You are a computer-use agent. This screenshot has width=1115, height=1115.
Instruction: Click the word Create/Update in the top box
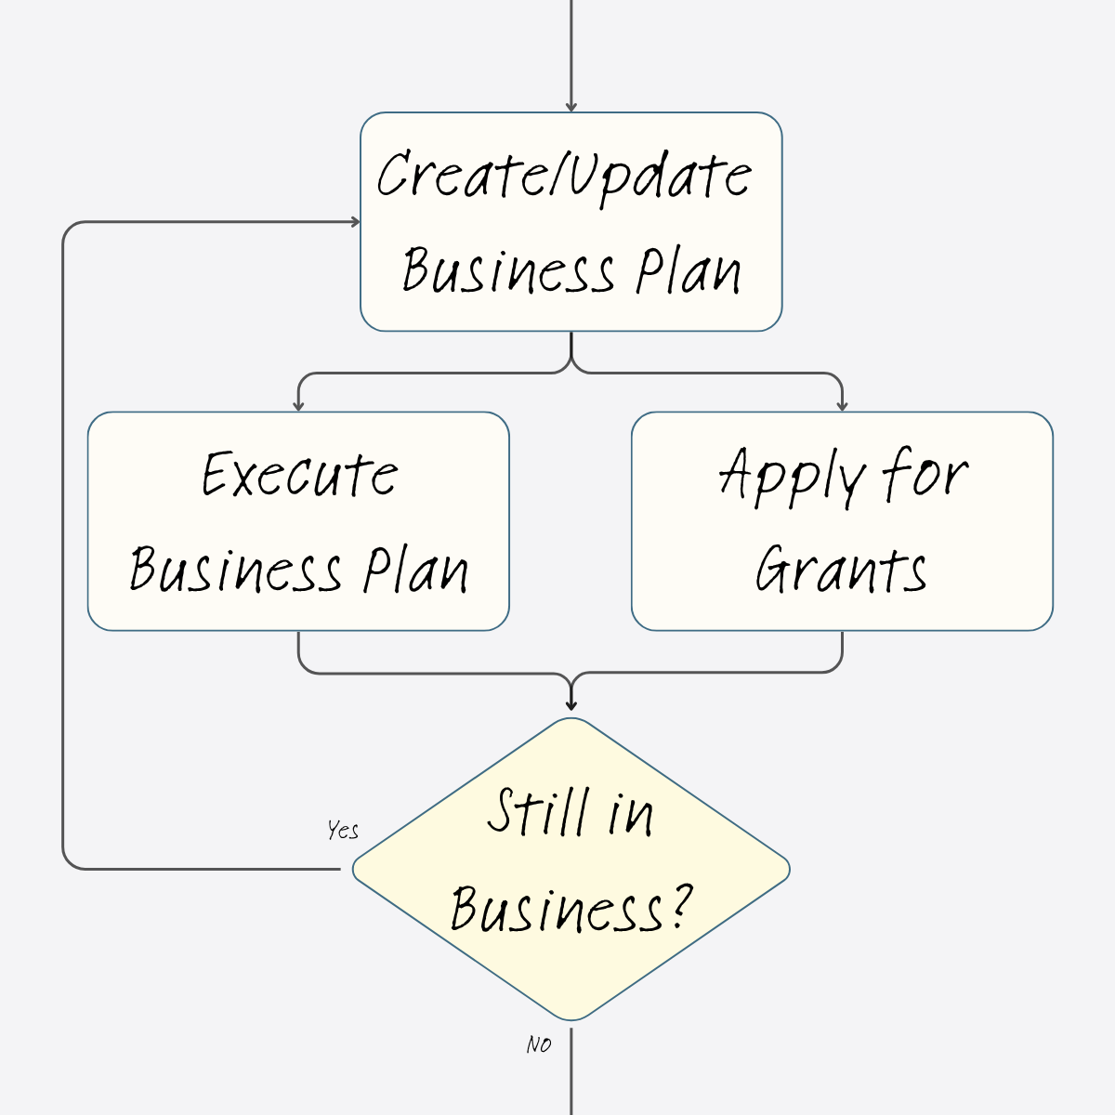pos(564,175)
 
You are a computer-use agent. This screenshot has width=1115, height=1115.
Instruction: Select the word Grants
pos(841,569)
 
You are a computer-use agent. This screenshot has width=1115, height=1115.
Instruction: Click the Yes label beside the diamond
pos(343,830)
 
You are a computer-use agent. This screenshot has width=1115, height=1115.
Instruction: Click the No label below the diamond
pos(539,1044)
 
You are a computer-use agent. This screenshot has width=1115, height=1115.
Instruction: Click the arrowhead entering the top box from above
pos(571,107)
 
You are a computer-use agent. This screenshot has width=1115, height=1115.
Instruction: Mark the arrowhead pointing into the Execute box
pos(298,405)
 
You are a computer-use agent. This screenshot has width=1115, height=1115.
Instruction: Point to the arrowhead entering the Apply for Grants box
pos(842,405)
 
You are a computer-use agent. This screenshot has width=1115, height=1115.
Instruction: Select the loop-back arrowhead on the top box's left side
pos(354,221)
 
